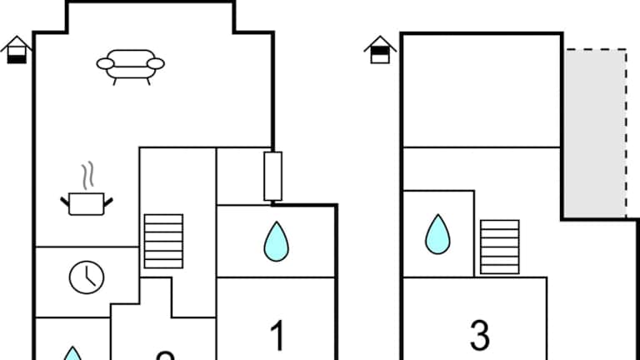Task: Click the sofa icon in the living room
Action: point(130,64)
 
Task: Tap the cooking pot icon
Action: point(86,202)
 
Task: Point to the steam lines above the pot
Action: point(87,176)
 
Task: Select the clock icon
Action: point(87,277)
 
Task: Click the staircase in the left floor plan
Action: point(163,242)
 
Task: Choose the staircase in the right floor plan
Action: point(500,247)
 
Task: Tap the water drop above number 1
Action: point(276,241)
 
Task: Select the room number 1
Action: point(277,337)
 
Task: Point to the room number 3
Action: point(479,335)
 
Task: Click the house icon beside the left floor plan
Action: point(17,50)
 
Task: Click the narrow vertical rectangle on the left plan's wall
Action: point(272,176)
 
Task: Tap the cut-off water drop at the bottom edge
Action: point(73,354)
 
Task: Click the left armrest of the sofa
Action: point(104,62)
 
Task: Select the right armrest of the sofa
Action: point(156,62)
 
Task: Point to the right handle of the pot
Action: point(107,200)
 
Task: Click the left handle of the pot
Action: point(65,200)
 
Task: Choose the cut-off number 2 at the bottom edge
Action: point(165,356)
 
